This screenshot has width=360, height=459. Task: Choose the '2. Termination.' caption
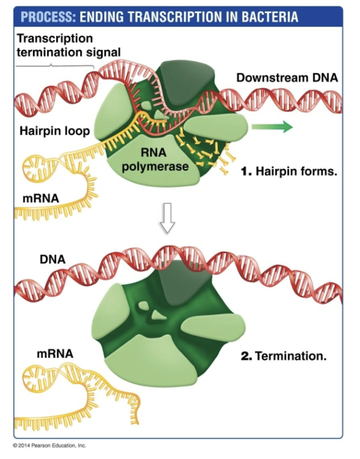[x=283, y=356]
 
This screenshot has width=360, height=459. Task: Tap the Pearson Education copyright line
[x=49, y=445]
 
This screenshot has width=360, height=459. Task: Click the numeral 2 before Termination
[x=244, y=356]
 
